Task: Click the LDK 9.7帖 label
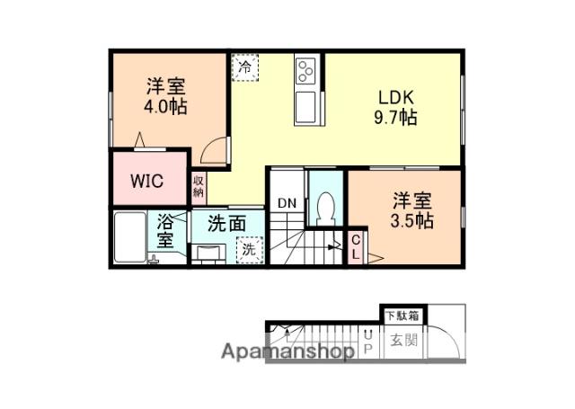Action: coord(395,107)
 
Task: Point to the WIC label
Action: coord(146,180)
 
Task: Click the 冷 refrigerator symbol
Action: coord(244,65)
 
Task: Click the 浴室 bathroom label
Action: coord(165,230)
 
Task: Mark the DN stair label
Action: coord(286,203)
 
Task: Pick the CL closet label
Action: coord(356,246)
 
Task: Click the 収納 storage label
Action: coord(198,186)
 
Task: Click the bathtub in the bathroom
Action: coord(133,236)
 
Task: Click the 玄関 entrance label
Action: coord(402,340)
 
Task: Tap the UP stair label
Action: coord(368,342)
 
